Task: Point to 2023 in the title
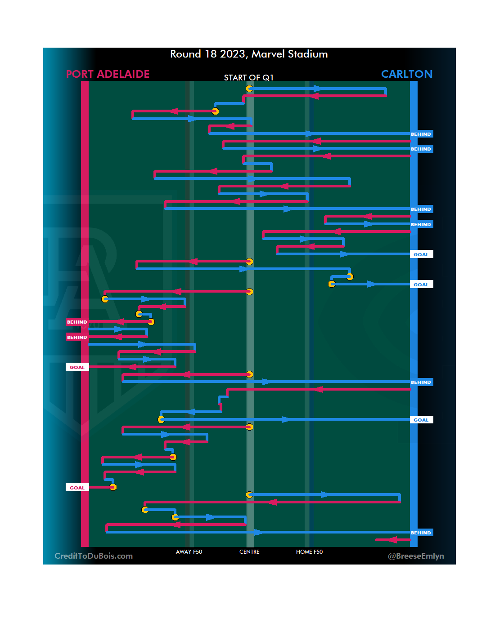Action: pyautogui.click(x=232, y=54)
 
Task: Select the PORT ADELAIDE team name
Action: pyautogui.click(x=108, y=74)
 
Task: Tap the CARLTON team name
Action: pyautogui.click(x=406, y=74)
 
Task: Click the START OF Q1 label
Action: pyautogui.click(x=248, y=78)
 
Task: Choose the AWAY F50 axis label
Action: pyautogui.click(x=189, y=552)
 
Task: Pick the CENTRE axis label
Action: pyautogui.click(x=249, y=552)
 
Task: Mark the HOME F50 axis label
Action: pyautogui.click(x=309, y=552)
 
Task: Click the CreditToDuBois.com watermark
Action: pyautogui.click(x=94, y=556)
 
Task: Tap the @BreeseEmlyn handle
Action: pyautogui.click(x=416, y=556)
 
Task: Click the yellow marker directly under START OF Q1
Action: pyautogui.click(x=249, y=89)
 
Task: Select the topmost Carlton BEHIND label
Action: pyautogui.click(x=421, y=134)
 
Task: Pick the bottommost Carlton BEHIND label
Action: pyautogui.click(x=421, y=533)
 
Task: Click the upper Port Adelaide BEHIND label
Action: pyautogui.click(x=77, y=322)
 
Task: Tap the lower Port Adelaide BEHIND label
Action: pyautogui.click(x=77, y=337)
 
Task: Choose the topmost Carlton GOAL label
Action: pyautogui.click(x=421, y=254)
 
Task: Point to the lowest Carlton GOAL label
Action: pyautogui.click(x=421, y=420)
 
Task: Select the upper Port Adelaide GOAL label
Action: pyautogui.click(x=77, y=367)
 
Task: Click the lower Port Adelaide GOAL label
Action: pyautogui.click(x=77, y=488)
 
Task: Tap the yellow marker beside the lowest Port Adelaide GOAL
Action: pyautogui.click(x=113, y=487)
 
